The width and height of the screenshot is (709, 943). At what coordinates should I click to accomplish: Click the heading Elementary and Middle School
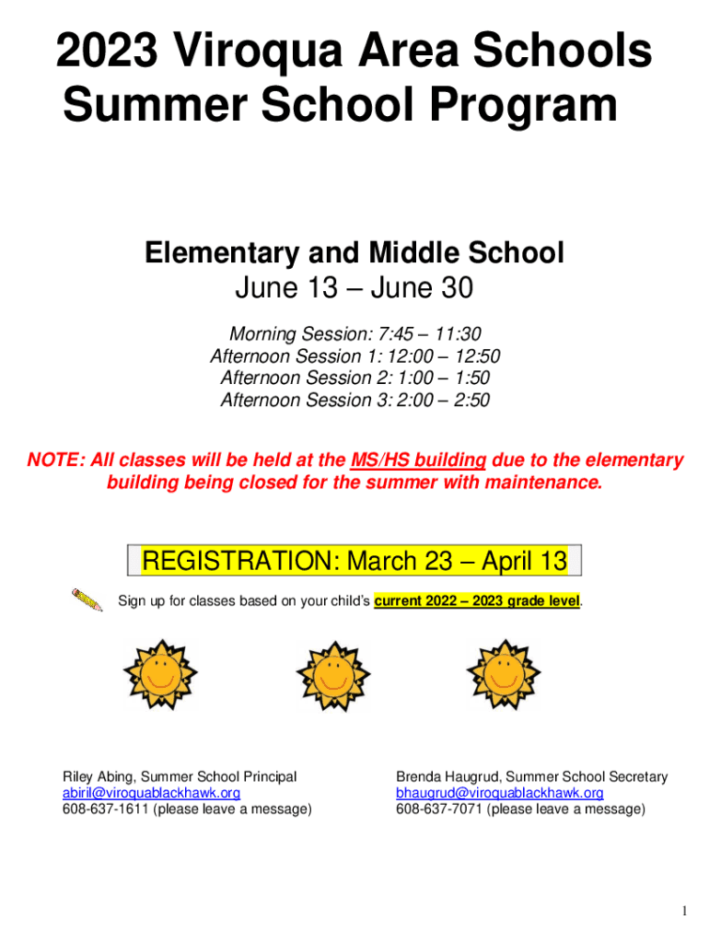pos(354,253)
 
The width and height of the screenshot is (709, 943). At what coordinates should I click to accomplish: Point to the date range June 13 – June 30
pos(354,289)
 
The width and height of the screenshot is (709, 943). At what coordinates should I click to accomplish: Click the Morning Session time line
pos(354,334)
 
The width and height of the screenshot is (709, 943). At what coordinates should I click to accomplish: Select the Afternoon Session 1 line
pos(354,356)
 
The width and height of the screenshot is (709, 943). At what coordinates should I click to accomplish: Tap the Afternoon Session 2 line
pos(354,378)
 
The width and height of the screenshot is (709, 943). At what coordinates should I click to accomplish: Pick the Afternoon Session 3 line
pos(354,400)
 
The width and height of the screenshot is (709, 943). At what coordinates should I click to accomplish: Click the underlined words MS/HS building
pos(420,460)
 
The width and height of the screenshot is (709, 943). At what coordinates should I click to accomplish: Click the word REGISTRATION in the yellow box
pos(240,561)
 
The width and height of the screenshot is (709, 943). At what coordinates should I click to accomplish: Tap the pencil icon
pos(87,600)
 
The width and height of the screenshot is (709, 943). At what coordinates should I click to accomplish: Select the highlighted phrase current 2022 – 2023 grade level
pos(477,601)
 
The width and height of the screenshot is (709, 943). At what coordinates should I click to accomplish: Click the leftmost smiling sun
pos(162,674)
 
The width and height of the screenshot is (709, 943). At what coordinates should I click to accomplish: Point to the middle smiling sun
pos(332,674)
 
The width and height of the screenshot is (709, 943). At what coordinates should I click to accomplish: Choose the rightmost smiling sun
pos(503,674)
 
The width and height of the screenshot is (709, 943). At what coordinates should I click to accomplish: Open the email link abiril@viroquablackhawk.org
pos(151,793)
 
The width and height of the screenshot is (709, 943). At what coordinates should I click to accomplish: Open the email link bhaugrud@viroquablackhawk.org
pos(500,793)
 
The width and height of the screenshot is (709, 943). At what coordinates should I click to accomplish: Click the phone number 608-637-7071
pos(438,809)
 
